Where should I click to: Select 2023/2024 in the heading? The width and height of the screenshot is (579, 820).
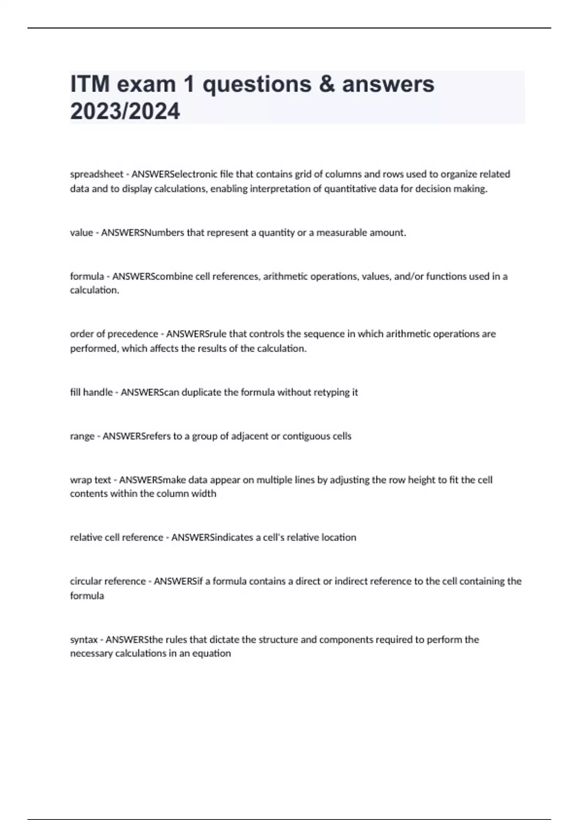125,111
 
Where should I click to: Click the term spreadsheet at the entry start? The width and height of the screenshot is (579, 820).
96,174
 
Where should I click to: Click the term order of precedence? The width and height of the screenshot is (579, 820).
114,334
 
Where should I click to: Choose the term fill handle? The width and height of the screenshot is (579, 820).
91,392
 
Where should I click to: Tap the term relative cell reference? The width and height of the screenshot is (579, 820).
116,537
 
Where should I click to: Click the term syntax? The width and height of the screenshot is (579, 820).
84,640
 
